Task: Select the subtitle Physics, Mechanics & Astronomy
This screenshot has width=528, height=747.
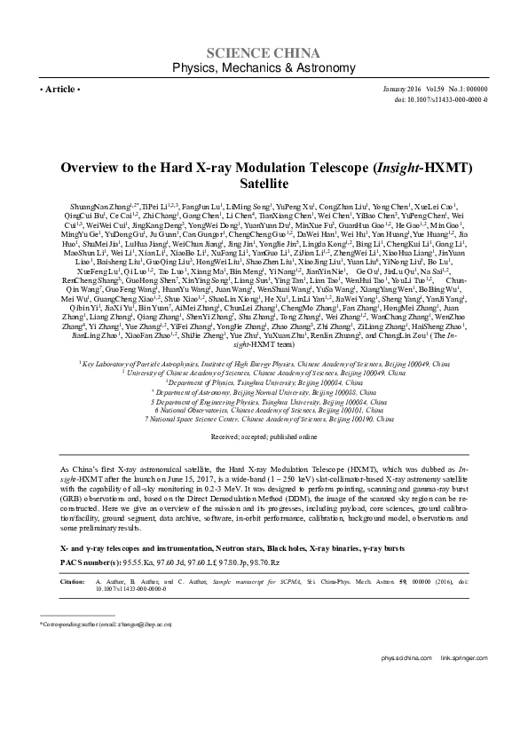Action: (264, 67)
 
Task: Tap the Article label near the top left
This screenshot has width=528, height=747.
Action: (60, 90)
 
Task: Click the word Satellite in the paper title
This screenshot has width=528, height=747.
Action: (264, 184)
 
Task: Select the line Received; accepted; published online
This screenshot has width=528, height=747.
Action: (263, 462)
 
